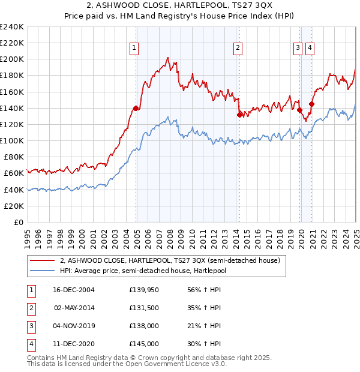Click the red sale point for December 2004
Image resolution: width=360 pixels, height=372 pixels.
click(x=136, y=108)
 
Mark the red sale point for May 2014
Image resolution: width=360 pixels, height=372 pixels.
click(x=239, y=115)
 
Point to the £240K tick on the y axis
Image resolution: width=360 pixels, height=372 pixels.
click(x=12, y=27)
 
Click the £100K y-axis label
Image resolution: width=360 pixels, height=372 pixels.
click(x=12, y=140)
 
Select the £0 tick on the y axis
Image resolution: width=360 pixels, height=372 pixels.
click(x=18, y=222)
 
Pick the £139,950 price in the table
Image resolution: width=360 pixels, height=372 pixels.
click(x=144, y=290)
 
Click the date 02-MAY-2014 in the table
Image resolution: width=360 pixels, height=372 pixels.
click(x=74, y=308)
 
